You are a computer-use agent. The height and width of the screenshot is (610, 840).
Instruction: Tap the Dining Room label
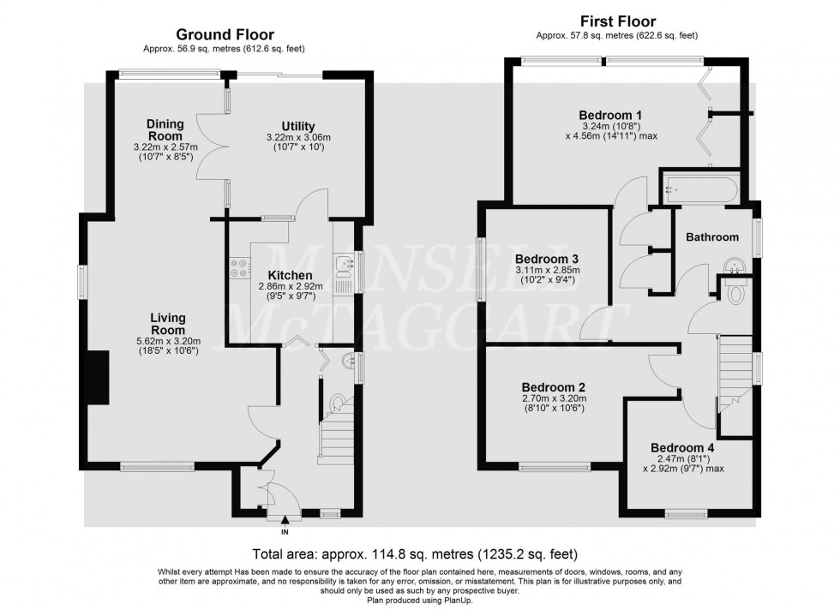165,130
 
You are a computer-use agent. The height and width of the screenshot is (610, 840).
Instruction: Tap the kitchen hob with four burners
238,270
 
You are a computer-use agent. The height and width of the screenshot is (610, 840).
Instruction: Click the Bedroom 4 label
681,446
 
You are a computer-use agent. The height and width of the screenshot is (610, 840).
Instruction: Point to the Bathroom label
711,237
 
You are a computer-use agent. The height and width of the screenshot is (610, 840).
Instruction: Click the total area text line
414,553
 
